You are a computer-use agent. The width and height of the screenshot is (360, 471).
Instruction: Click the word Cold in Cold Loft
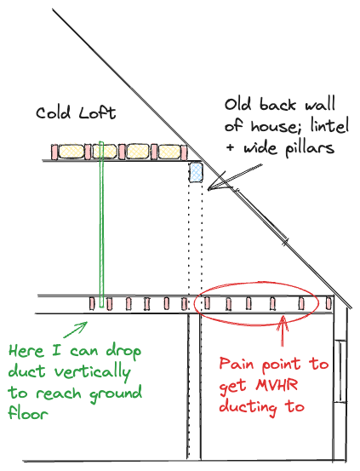click(53, 113)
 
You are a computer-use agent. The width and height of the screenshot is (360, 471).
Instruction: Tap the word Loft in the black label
click(97, 112)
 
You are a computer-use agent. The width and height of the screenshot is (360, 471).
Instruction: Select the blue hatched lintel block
click(196, 172)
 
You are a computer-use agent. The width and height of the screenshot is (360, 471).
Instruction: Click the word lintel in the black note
click(329, 125)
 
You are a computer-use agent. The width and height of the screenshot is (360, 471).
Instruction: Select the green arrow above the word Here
click(75, 330)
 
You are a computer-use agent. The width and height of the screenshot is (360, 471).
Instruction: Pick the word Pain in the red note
click(237, 364)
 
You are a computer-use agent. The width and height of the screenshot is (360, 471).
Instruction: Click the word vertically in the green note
click(93, 372)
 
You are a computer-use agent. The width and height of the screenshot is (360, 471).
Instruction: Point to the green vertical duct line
click(101, 224)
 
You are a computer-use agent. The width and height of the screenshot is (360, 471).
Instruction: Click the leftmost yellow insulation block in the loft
click(71, 152)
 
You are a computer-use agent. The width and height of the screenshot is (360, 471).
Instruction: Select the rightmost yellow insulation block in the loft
click(169, 152)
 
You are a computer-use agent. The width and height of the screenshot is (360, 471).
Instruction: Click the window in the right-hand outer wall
click(340, 371)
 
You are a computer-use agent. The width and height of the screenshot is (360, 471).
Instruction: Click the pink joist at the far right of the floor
click(329, 303)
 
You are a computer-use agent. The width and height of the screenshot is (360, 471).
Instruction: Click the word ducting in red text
click(248, 407)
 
